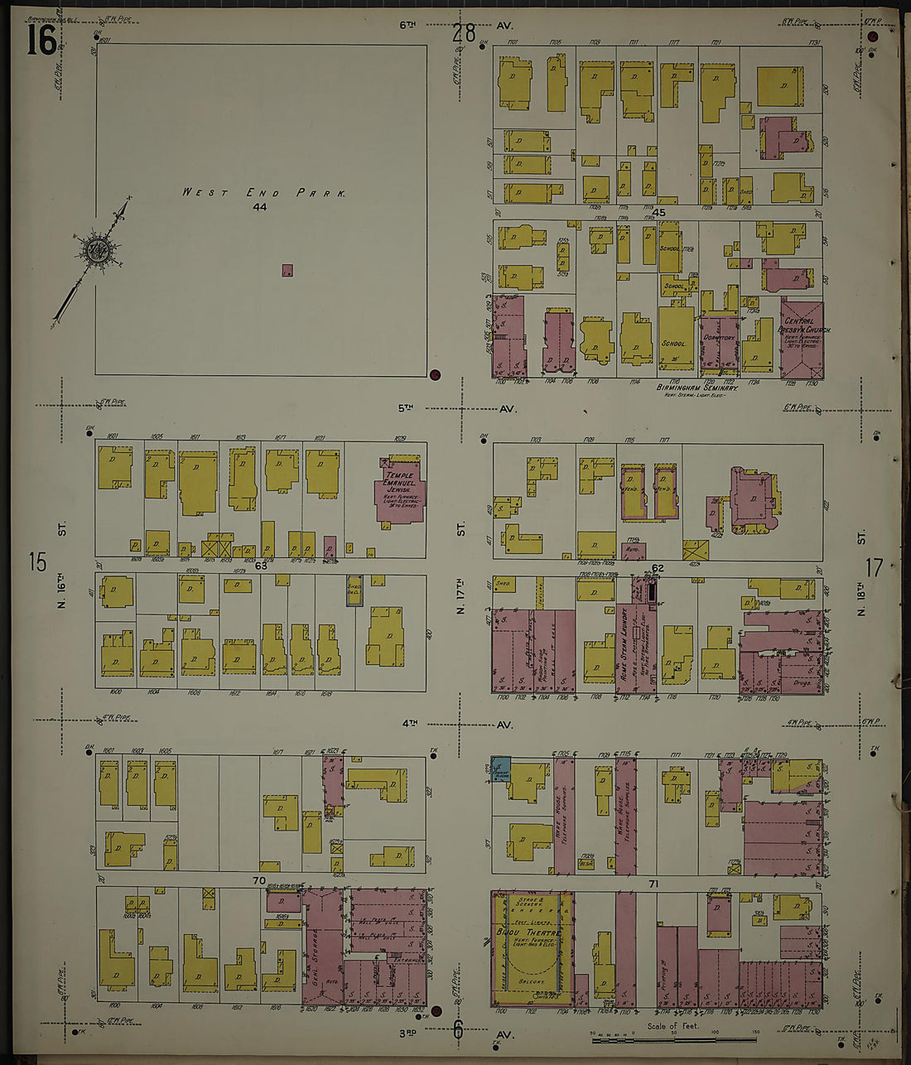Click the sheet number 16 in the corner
coord(41,40)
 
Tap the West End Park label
coord(263,193)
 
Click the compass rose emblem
coord(96,248)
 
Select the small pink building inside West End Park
coord(287,270)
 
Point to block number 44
coord(260,207)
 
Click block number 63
coord(261,566)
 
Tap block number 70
coord(259,880)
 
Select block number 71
coord(653,884)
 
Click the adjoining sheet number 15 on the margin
coord(37,562)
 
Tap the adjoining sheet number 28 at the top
coord(464,33)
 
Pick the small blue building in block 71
coord(500,769)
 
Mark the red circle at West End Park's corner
coord(436,374)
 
